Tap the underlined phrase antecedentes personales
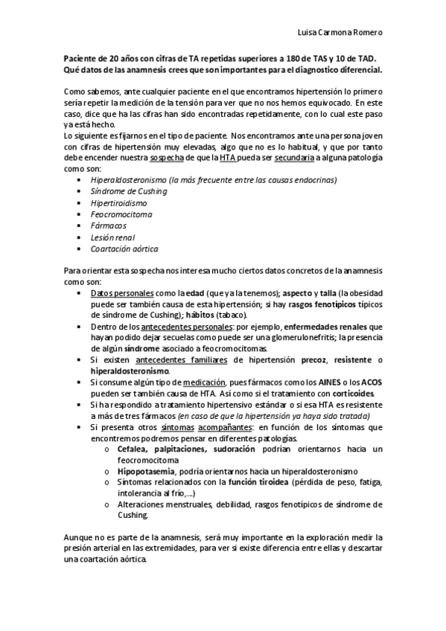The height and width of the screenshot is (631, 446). click(x=174, y=327)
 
